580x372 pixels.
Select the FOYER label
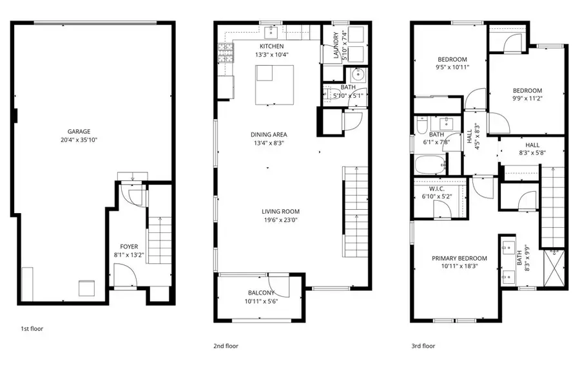pyautogui.click(x=129, y=246)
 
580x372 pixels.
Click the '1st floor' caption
pyautogui.click(x=32, y=328)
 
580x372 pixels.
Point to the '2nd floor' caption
pyautogui.click(x=226, y=346)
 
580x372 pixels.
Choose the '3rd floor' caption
pyautogui.click(x=423, y=346)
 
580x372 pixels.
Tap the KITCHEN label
pyautogui.click(x=271, y=46)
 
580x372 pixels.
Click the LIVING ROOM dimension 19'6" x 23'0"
pyautogui.click(x=281, y=220)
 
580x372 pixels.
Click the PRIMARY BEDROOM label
pyautogui.click(x=459, y=258)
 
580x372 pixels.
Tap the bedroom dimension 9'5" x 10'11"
pyautogui.click(x=452, y=67)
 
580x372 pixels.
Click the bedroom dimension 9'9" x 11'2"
pyautogui.click(x=527, y=99)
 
